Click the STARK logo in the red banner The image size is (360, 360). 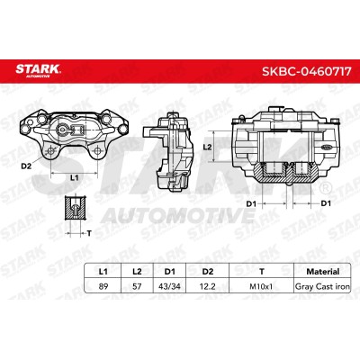[x=38, y=71]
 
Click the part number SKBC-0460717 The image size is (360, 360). [x=307, y=71]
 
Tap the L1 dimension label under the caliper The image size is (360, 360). [x=74, y=177]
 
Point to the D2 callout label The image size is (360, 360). [x=26, y=166]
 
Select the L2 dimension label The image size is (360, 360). [x=207, y=147]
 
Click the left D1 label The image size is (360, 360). [x=251, y=203]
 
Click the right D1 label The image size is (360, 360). [x=326, y=203]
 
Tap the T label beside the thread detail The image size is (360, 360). [x=89, y=233]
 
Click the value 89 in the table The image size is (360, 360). [x=103, y=286]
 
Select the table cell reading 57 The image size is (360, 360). [x=137, y=286]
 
